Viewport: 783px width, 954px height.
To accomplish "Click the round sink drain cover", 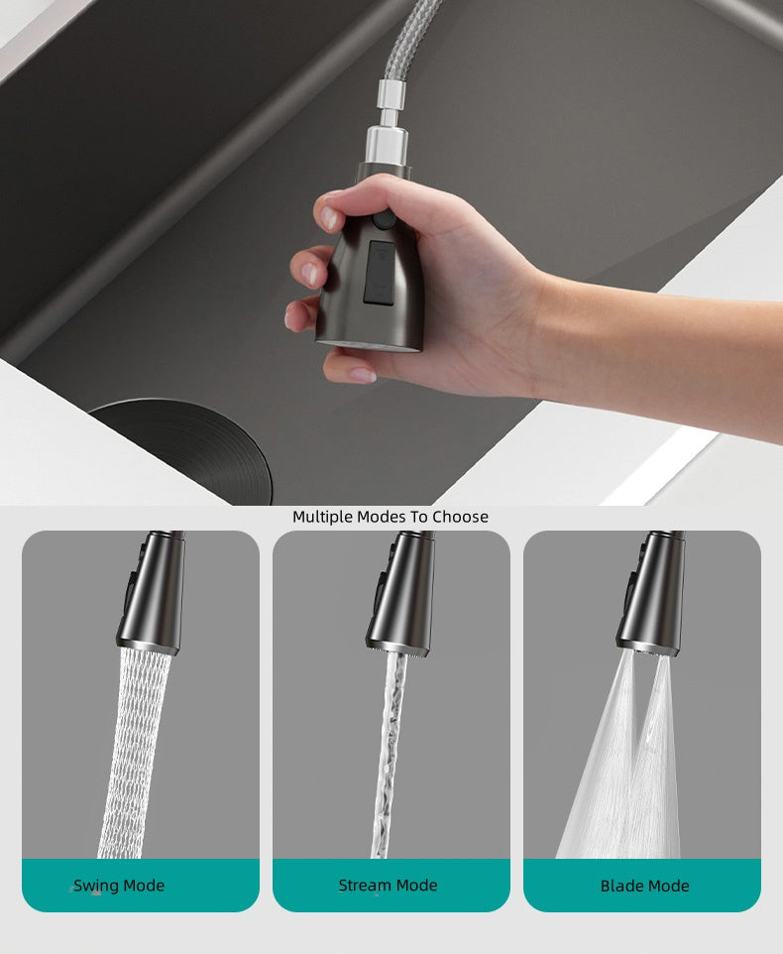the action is tap(181, 451).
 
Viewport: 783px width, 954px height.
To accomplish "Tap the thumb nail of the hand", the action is tap(329, 218).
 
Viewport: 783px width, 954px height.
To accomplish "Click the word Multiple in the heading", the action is tap(322, 517).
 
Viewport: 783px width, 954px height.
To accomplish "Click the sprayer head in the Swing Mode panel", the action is tap(151, 592).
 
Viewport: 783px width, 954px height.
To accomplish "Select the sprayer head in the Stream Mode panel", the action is tap(401, 592).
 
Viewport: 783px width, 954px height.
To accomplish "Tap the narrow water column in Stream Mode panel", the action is tap(391, 755).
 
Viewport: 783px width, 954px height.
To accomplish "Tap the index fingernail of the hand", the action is tap(310, 274).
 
